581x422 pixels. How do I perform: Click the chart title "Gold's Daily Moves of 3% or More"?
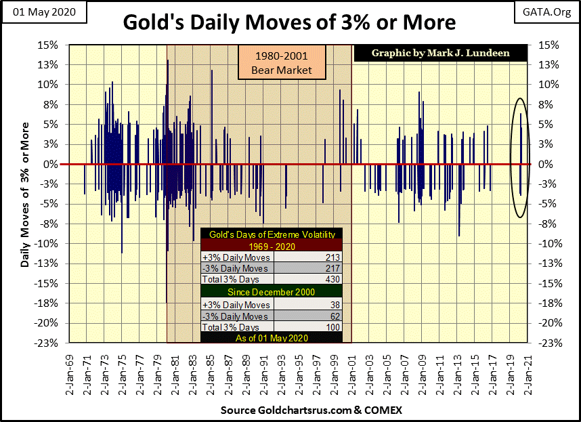click(289, 22)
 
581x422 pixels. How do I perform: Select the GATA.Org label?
click(547, 12)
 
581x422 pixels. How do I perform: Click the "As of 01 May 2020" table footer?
click(271, 338)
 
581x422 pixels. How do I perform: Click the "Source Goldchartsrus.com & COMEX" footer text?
click(290, 410)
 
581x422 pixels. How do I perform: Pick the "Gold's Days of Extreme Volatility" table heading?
click(271, 234)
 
